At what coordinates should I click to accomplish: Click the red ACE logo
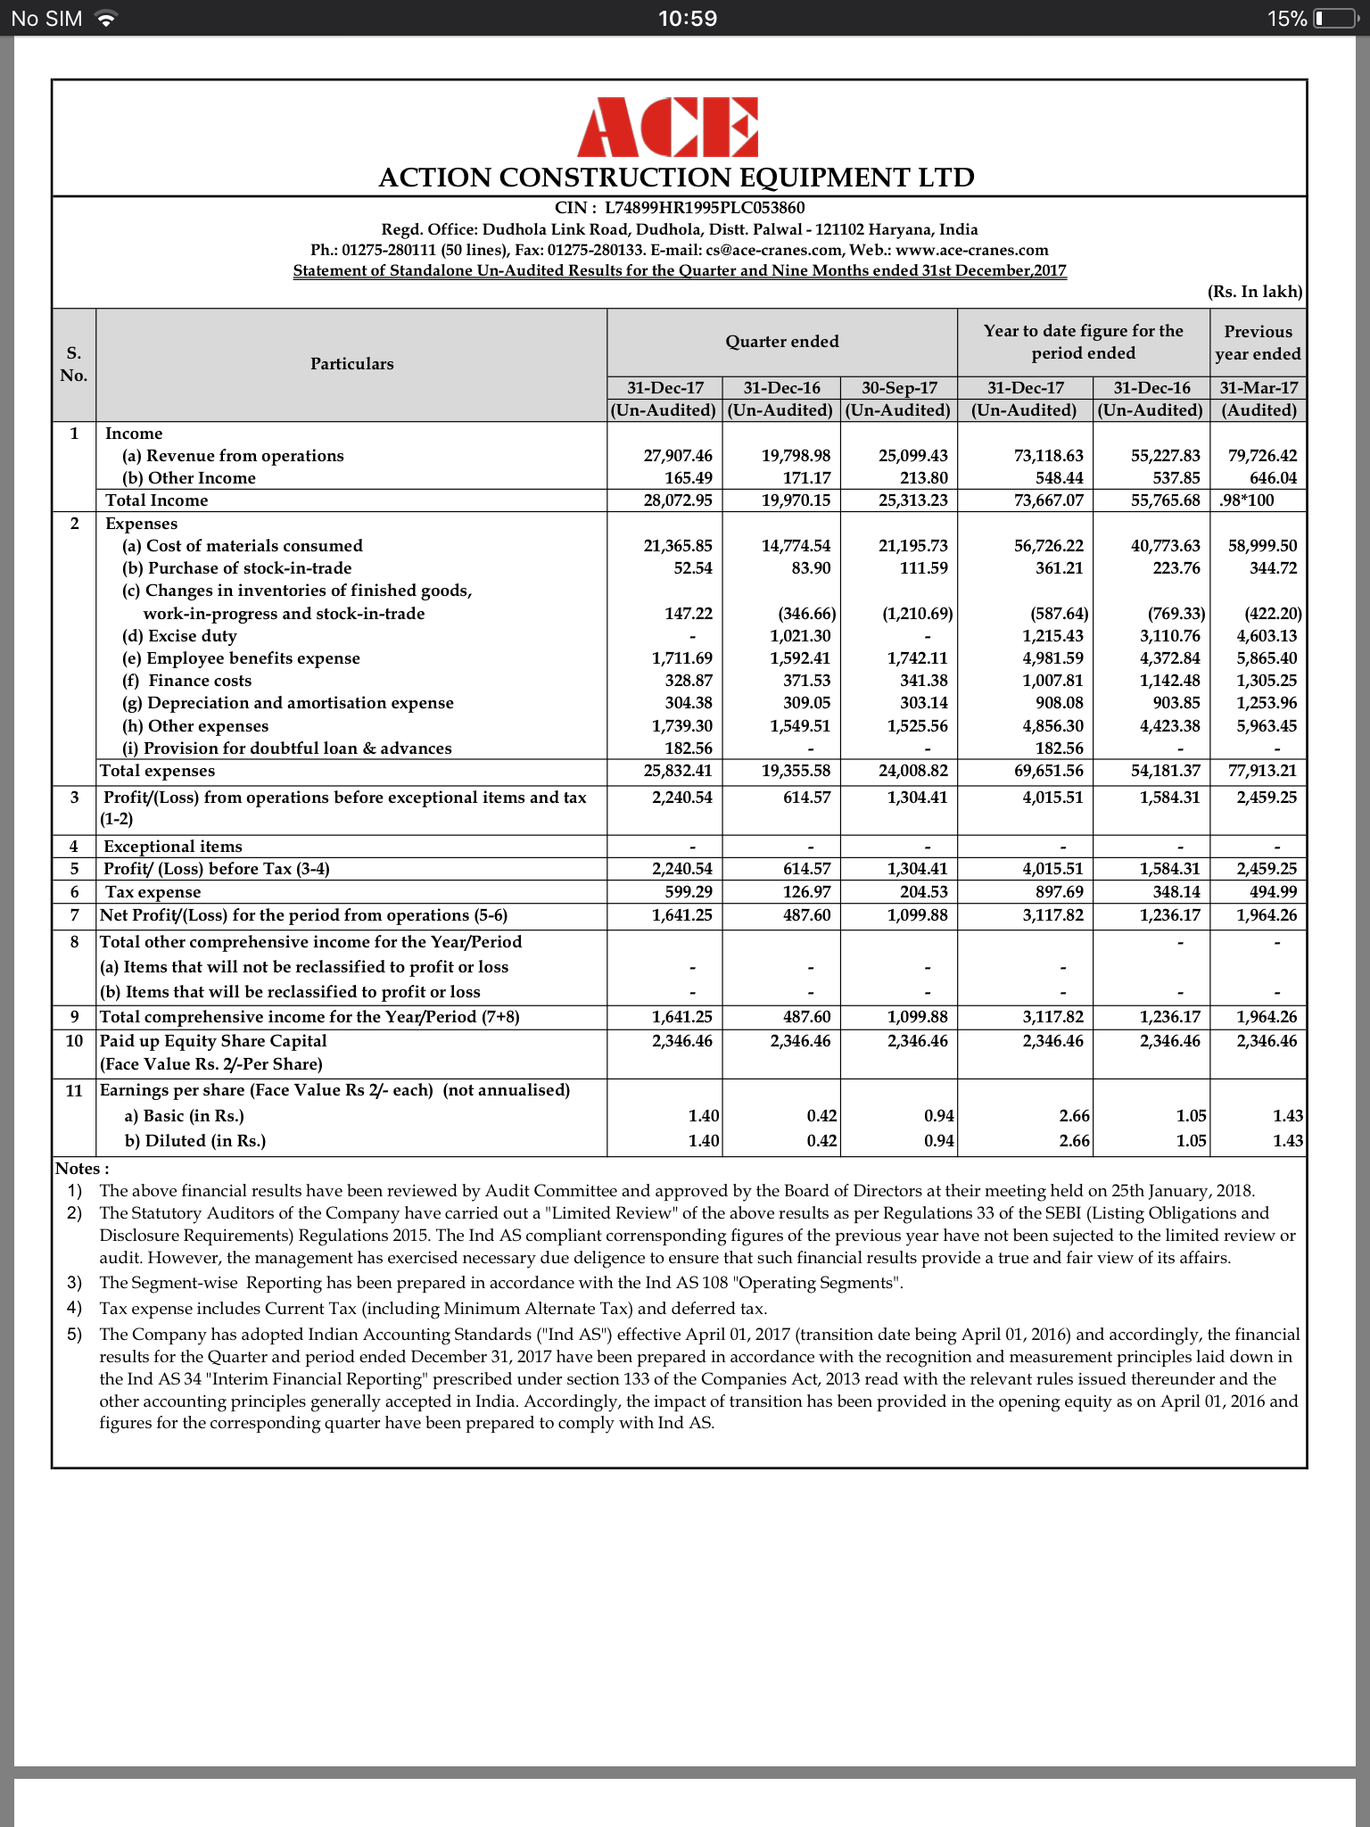(x=667, y=128)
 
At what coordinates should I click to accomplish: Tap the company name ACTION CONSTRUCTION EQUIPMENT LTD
(x=676, y=178)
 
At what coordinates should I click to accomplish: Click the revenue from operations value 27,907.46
(x=678, y=456)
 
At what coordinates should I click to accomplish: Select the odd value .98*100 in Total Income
(x=1247, y=500)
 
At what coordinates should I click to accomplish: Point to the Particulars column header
(x=351, y=364)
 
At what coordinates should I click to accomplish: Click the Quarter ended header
(x=781, y=342)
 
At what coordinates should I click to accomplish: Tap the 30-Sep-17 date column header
(x=899, y=388)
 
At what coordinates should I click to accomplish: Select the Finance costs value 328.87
(x=688, y=681)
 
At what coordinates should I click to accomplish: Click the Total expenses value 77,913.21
(x=1262, y=771)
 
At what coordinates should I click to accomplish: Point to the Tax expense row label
(x=153, y=892)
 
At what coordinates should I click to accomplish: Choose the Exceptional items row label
(x=172, y=847)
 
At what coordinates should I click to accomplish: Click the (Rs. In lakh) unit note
(x=1254, y=292)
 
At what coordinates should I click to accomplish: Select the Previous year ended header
(x=1258, y=343)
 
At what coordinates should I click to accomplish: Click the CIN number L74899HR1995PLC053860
(x=705, y=208)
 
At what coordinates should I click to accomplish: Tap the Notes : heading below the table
(x=82, y=1169)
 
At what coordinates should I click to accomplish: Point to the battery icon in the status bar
(x=1334, y=19)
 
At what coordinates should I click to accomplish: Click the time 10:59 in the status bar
(x=687, y=19)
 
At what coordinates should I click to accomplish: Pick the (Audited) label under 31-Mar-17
(x=1259, y=410)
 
